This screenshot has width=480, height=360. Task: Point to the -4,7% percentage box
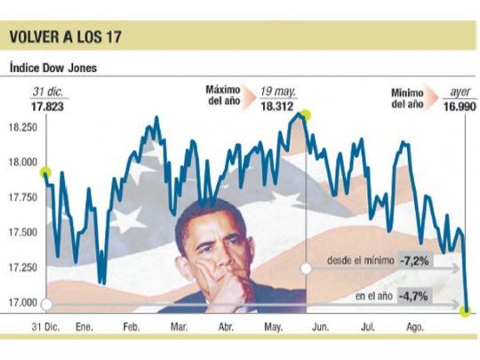pos(415,295)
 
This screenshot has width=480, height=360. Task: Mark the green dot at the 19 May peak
pos(306,115)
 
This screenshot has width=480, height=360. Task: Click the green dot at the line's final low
pos(465,310)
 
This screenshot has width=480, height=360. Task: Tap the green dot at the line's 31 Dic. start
pos(45,172)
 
